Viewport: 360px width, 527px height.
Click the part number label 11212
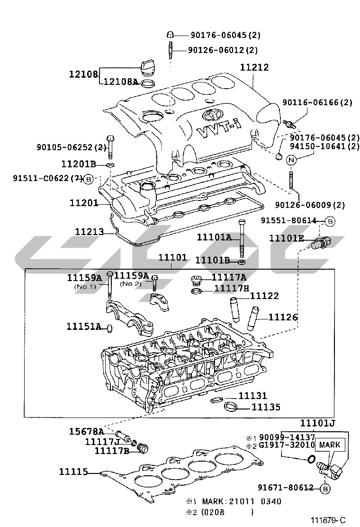tap(254, 68)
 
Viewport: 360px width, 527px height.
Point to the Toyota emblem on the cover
tap(211, 114)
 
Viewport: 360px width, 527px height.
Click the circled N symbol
tap(291, 160)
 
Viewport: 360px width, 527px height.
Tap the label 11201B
tap(78, 164)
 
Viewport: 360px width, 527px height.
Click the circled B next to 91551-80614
tap(331, 221)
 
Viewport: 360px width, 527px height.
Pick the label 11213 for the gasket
tap(90, 231)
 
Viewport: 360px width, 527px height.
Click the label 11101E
tap(286, 238)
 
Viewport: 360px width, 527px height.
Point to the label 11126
tap(283, 317)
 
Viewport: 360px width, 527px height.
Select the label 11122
tap(264, 296)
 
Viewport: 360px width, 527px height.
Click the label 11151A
tap(83, 327)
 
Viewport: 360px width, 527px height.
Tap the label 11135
tap(265, 407)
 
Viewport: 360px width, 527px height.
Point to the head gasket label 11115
tap(73, 472)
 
